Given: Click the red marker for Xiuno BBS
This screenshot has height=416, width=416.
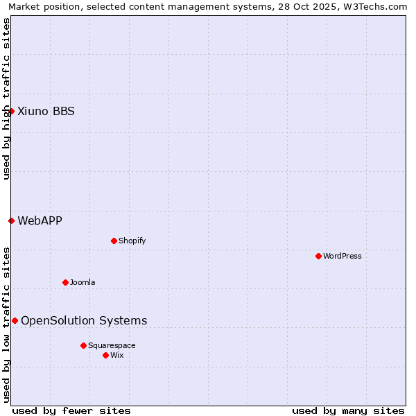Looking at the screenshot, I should pyautogui.click(x=11, y=111).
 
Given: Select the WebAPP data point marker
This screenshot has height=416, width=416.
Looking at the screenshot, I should pyautogui.click(x=11, y=220).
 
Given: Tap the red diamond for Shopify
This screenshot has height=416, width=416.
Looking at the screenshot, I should pyautogui.click(x=114, y=241).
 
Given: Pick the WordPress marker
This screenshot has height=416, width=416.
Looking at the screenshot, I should pyautogui.click(x=318, y=256).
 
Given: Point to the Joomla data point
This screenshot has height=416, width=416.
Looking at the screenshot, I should pyautogui.click(x=65, y=282).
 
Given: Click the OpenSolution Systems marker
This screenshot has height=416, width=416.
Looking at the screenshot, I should pyautogui.click(x=15, y=320).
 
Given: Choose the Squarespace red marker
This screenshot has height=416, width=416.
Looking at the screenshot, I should pyautogui.click(x=83, y=345).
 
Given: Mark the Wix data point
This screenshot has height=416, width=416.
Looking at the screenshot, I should pyautogui.click(x=105, y=355).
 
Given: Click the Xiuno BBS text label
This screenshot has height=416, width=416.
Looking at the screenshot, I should pyautogui.click(x=46, y=111).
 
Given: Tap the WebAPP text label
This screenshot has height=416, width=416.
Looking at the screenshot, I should pyautogui.click(x=40, y=220).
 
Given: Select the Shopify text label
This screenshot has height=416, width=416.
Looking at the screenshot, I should pyautogui.click(x=132, y=241).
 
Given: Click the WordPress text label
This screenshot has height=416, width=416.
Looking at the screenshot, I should pyautogui.click(x=343, y=256).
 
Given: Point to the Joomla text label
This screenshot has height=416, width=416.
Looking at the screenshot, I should pyautogui.click(x=83, y=282).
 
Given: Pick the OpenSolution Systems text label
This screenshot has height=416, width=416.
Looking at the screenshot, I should pyautogui.click(x=84, y=320).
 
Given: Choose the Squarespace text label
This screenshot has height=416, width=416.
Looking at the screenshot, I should pyautogui.click(x=112, y=345).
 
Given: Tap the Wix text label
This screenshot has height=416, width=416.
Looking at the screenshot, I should pyautogui.click(x=117, y=355).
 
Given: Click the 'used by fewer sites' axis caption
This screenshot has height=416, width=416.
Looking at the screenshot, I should pyautogui.click(x=71, y=410).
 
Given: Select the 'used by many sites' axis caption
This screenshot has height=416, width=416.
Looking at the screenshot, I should pyautogui.click(x=348, y=410).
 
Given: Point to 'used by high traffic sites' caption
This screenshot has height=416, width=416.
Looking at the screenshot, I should pyautogui.click(x=6, y=98).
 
